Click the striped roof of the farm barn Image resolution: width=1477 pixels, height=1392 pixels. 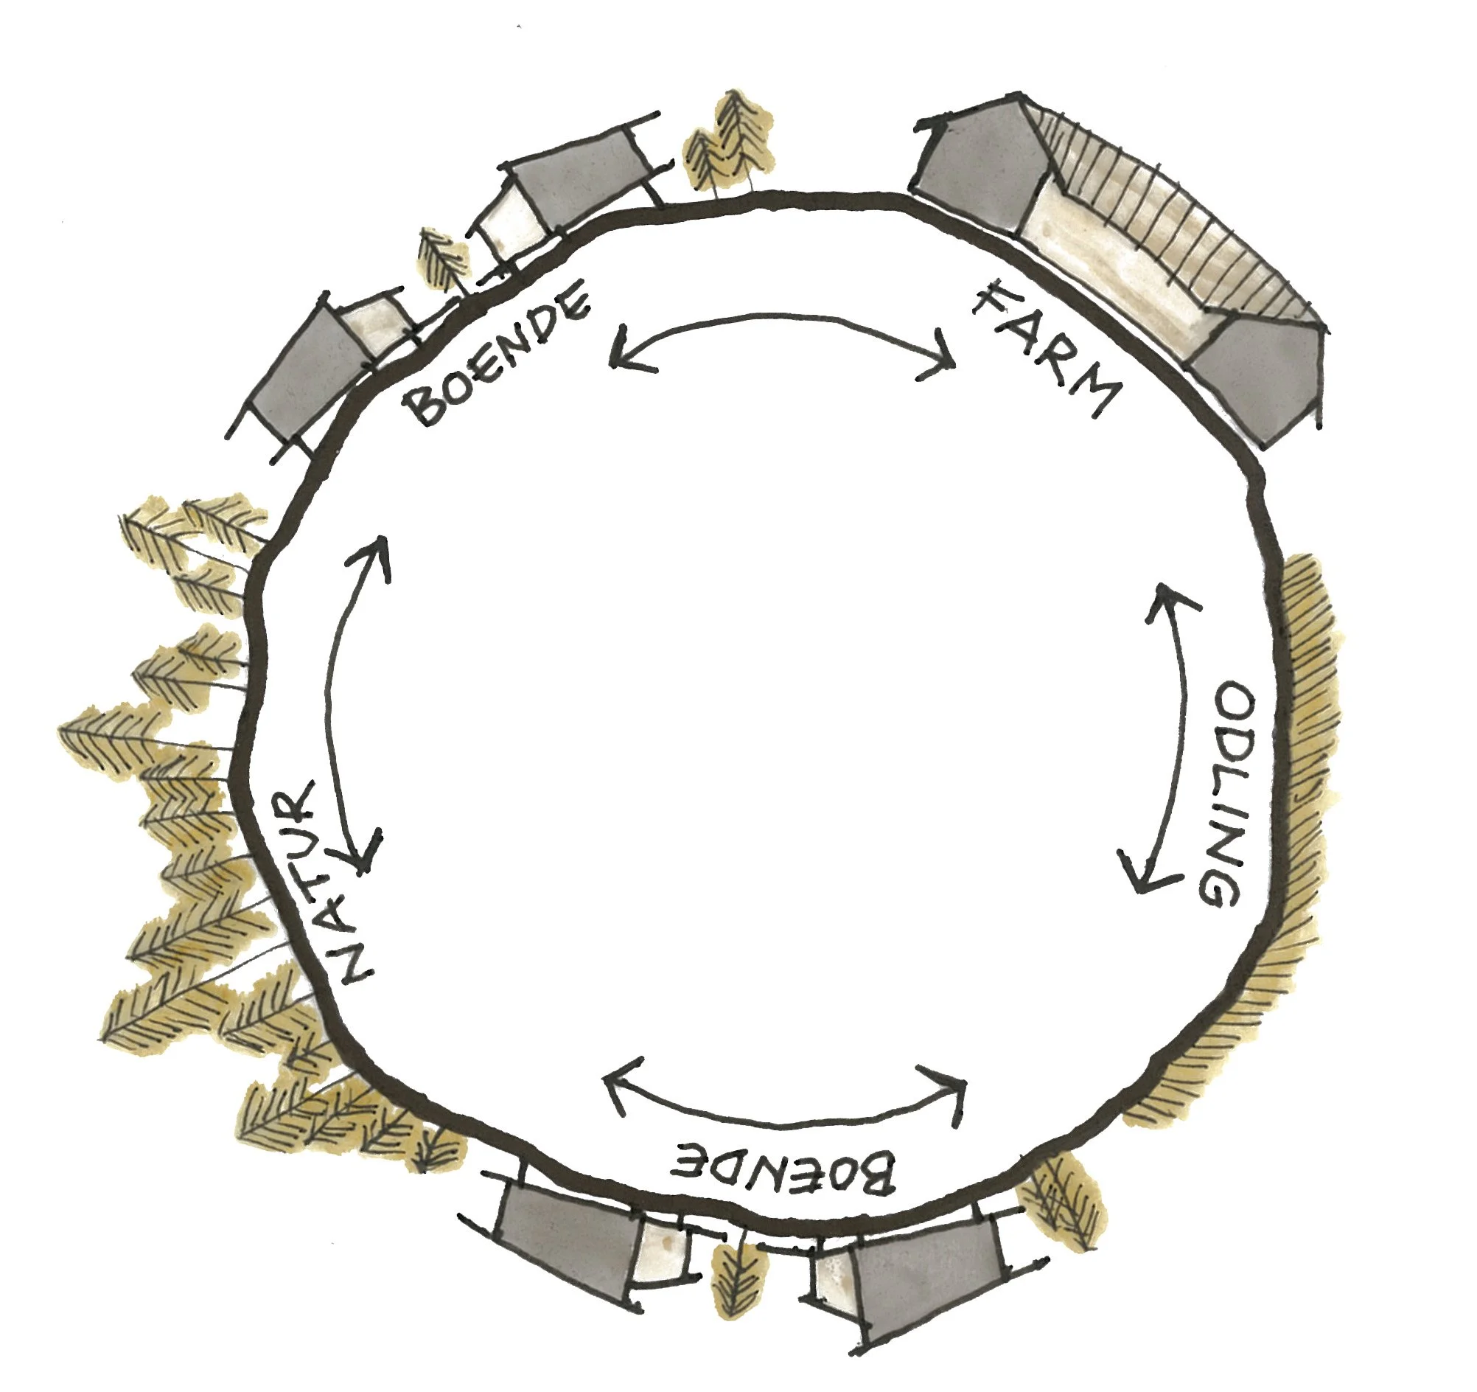coord(1174,223)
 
